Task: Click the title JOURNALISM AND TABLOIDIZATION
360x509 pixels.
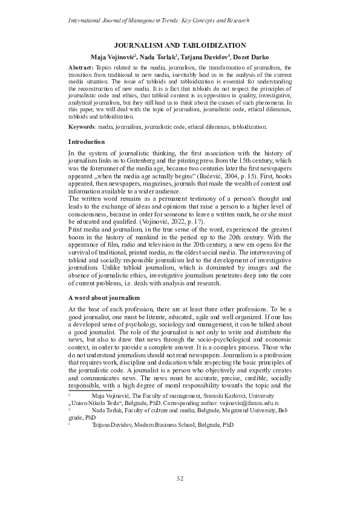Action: (x=180, y=45)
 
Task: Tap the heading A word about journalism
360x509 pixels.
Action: (x=104, y=297)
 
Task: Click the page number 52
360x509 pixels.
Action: (x=180, y=479)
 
